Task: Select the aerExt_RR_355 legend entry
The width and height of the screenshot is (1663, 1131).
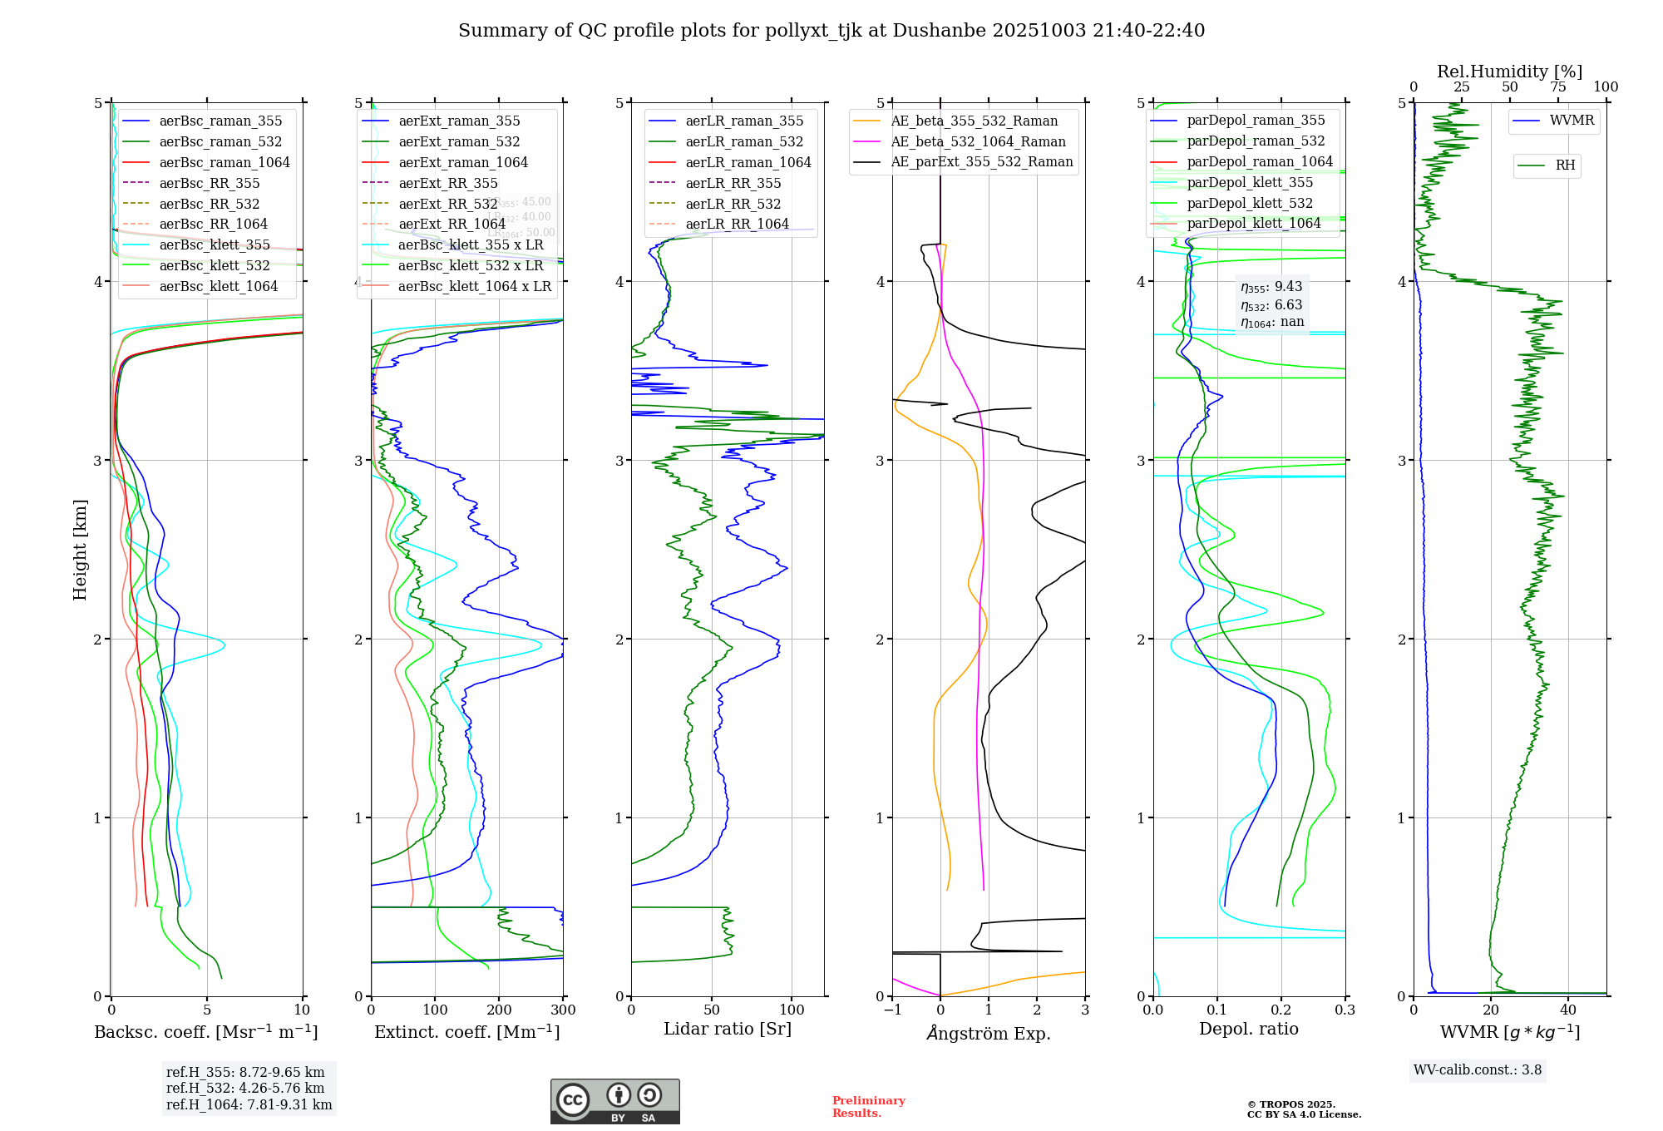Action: (x=447, y=183)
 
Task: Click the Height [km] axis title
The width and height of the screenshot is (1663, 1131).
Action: (x=80, y=549)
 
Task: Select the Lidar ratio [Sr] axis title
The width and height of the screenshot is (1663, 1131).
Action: (x=728, y=1029)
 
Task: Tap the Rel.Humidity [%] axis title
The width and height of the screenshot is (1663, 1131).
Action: (x=1509, y=72)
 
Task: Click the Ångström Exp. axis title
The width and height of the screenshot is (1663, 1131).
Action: (x=989, y=1033)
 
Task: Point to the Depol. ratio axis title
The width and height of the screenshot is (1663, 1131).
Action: (x=1248, y=1029)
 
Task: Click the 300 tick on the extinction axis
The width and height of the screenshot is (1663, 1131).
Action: (x=563, y=1010)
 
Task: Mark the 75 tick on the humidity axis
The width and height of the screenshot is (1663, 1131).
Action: (x=1557, y=87)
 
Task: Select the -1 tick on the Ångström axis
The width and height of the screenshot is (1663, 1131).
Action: (x=892, y=1010)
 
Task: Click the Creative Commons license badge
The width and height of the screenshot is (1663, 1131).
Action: (x=614, y=1101)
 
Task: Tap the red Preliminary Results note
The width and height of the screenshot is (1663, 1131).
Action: (x=868, y=1107)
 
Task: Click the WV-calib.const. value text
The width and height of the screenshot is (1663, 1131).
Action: (x=1478, y=1070)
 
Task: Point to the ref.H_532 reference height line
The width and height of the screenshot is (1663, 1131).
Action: (x=245, y=1088)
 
